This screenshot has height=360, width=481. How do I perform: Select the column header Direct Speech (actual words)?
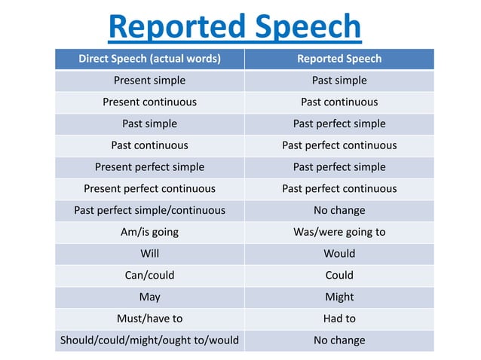point(149,59)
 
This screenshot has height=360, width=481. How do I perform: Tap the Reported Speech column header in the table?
point(339,59)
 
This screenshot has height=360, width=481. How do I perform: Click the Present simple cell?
point(149,81)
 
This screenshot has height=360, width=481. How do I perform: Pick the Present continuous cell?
point(149,102)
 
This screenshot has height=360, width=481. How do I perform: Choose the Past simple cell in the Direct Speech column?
point(149,124)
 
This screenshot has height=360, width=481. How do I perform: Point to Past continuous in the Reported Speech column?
point(339,102)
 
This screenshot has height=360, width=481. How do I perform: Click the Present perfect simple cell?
point(149,167)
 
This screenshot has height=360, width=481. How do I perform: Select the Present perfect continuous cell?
point(149,188)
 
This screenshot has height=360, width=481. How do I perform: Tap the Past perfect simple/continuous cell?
point(149,210)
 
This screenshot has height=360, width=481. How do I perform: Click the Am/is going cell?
point(149,232)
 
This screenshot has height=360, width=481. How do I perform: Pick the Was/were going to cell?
point(339,232)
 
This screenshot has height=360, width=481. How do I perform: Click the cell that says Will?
point(149,254)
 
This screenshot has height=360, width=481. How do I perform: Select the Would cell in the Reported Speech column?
point(339,254)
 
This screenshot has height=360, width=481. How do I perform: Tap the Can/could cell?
point(149,275)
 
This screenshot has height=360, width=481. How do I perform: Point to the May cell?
point(149,297)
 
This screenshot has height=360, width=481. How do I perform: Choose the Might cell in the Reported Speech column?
point(339,297)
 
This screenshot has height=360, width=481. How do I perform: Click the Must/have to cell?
point(149,319)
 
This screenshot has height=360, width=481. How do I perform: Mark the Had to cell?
point(339,319)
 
